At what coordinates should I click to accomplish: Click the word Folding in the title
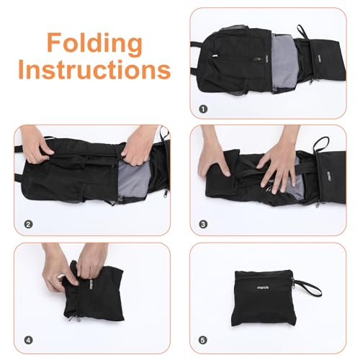point(95,43)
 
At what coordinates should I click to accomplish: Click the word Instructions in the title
point(94,70)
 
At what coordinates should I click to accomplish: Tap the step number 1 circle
point(203,109)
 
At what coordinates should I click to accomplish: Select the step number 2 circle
point(28,225)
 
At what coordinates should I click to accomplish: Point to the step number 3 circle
point(203,225)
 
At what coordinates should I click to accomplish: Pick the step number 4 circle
point(28,340)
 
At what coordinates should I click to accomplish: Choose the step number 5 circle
point(203,340)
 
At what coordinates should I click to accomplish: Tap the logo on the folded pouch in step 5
point(263,287)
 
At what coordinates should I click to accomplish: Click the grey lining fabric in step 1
point(283,63)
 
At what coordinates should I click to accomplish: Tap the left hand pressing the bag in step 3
point(215,156)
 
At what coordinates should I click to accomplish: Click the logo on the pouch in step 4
point(91,285)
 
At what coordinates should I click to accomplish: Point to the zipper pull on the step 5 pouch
point(293,282)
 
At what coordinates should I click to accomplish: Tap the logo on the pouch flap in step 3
point(330,177)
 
